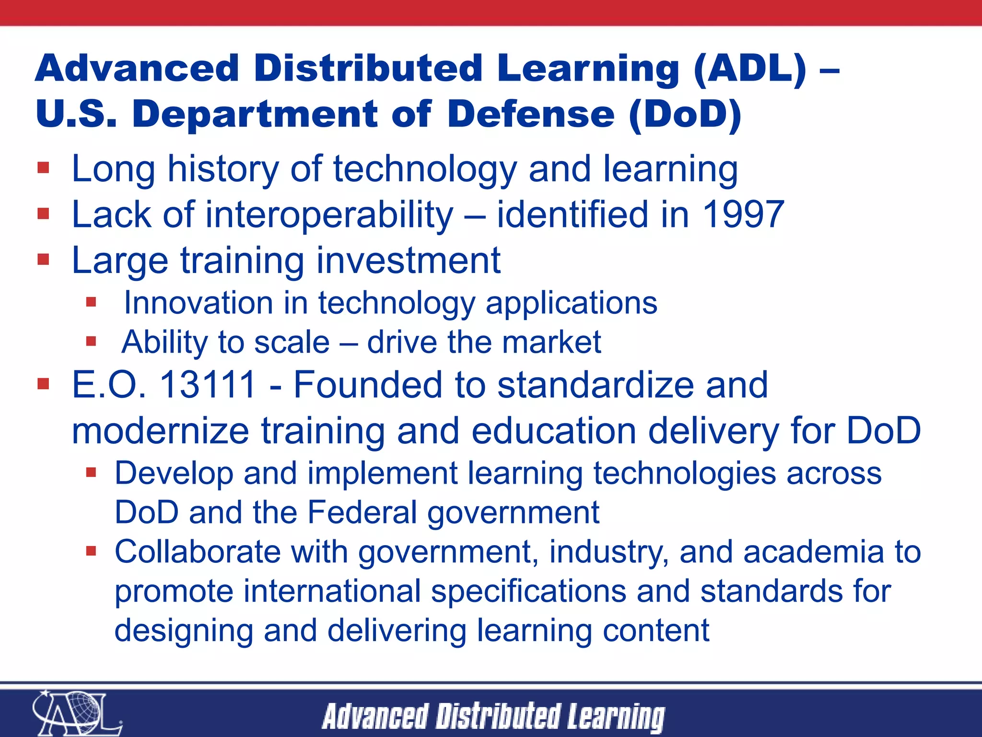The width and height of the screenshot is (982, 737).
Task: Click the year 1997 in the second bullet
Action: (743, 214)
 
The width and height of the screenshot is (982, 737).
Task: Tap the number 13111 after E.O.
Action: (208, 385)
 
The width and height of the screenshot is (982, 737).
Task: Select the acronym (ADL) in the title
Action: (750, 69)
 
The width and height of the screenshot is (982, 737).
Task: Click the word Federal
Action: (362, 512)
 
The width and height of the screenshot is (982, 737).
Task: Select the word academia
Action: (813, 551)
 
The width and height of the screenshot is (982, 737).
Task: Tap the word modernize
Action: (160, 431)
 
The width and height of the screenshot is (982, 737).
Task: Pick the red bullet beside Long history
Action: (44, 167)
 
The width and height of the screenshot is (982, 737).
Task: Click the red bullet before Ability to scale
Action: (91, 342)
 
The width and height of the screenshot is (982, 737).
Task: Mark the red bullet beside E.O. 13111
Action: (44, 384)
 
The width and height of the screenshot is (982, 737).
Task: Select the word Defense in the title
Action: (531, 115)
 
